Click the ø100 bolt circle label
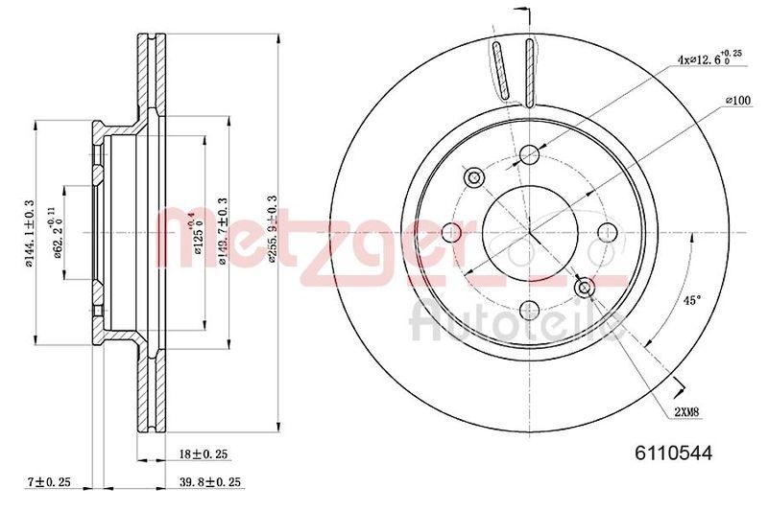tap(736, 100)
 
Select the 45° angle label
tap(690, 300)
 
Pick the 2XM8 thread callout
tap(685, 411)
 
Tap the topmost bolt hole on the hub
tap(529, 156)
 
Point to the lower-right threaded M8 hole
tap(583, 286)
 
